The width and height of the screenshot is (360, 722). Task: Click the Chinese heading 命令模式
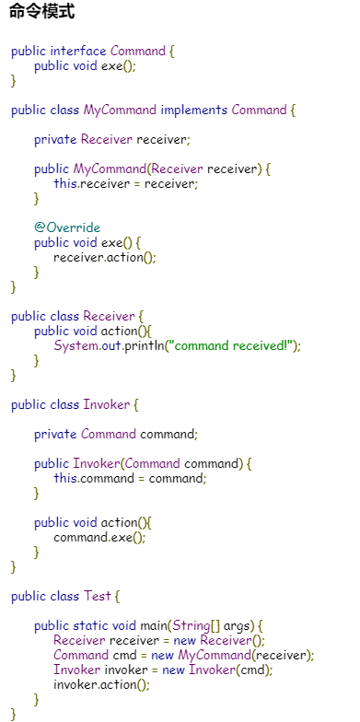(42, 11)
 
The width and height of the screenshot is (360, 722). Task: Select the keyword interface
(78, 52)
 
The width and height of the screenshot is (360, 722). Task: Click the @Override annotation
(67, 227)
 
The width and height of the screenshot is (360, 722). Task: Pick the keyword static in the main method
(87, 626)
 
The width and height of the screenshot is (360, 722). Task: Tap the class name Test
(98, 597)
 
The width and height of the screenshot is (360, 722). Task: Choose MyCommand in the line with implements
(120, 111)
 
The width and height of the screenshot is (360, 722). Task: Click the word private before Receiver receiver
(55, 140)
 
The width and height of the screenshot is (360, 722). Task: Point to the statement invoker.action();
(101, 685)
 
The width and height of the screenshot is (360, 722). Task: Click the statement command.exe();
(99, 538)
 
